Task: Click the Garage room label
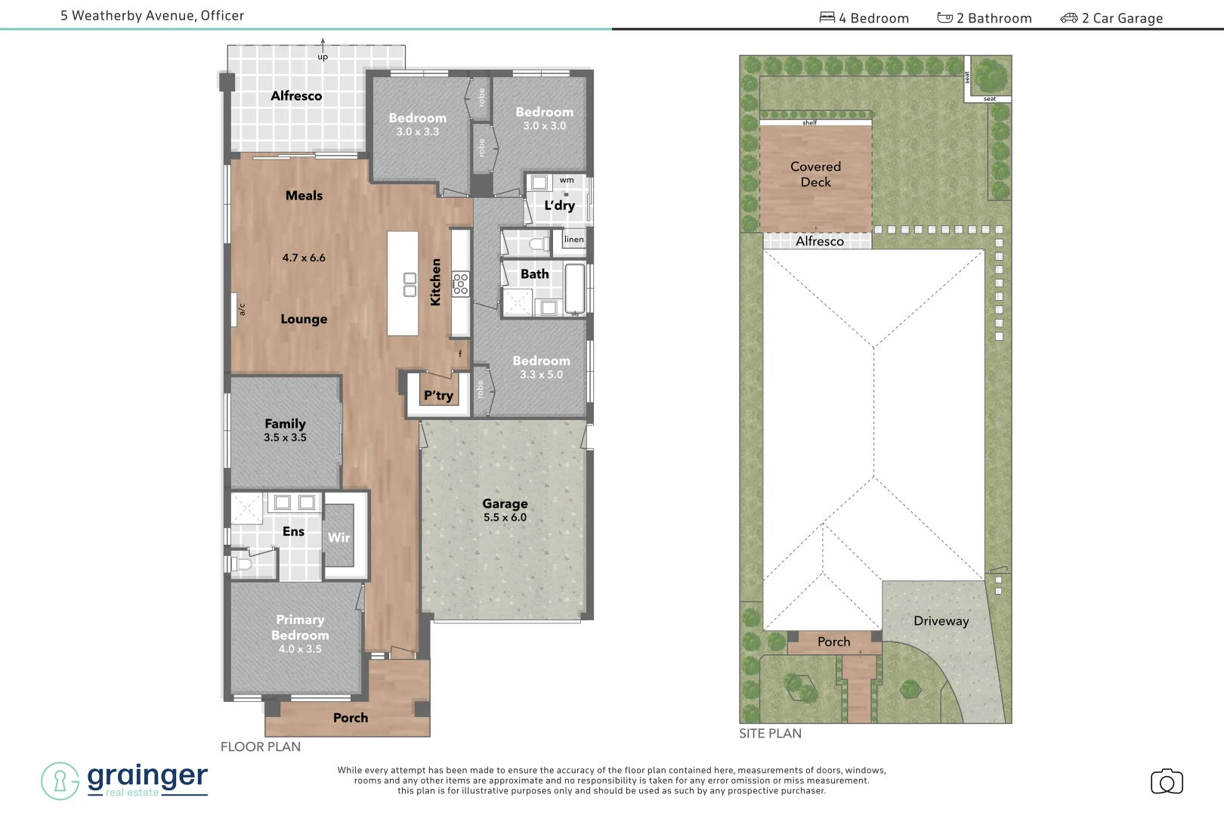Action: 505,504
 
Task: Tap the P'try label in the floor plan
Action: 438,395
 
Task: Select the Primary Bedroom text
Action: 300,627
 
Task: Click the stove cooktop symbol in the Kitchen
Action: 460,284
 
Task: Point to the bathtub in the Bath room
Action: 575,288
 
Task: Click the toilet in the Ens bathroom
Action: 241,564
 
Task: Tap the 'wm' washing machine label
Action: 567,181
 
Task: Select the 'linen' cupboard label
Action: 574,240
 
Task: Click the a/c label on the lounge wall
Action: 242,309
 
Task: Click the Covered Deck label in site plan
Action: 815,174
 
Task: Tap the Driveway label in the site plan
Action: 941,621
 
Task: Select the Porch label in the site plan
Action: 833,642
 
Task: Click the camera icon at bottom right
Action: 1167,782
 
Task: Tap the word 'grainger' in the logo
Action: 147,775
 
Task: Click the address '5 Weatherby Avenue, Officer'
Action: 153,16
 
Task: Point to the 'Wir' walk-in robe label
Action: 338,537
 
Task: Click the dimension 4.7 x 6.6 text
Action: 304,258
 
